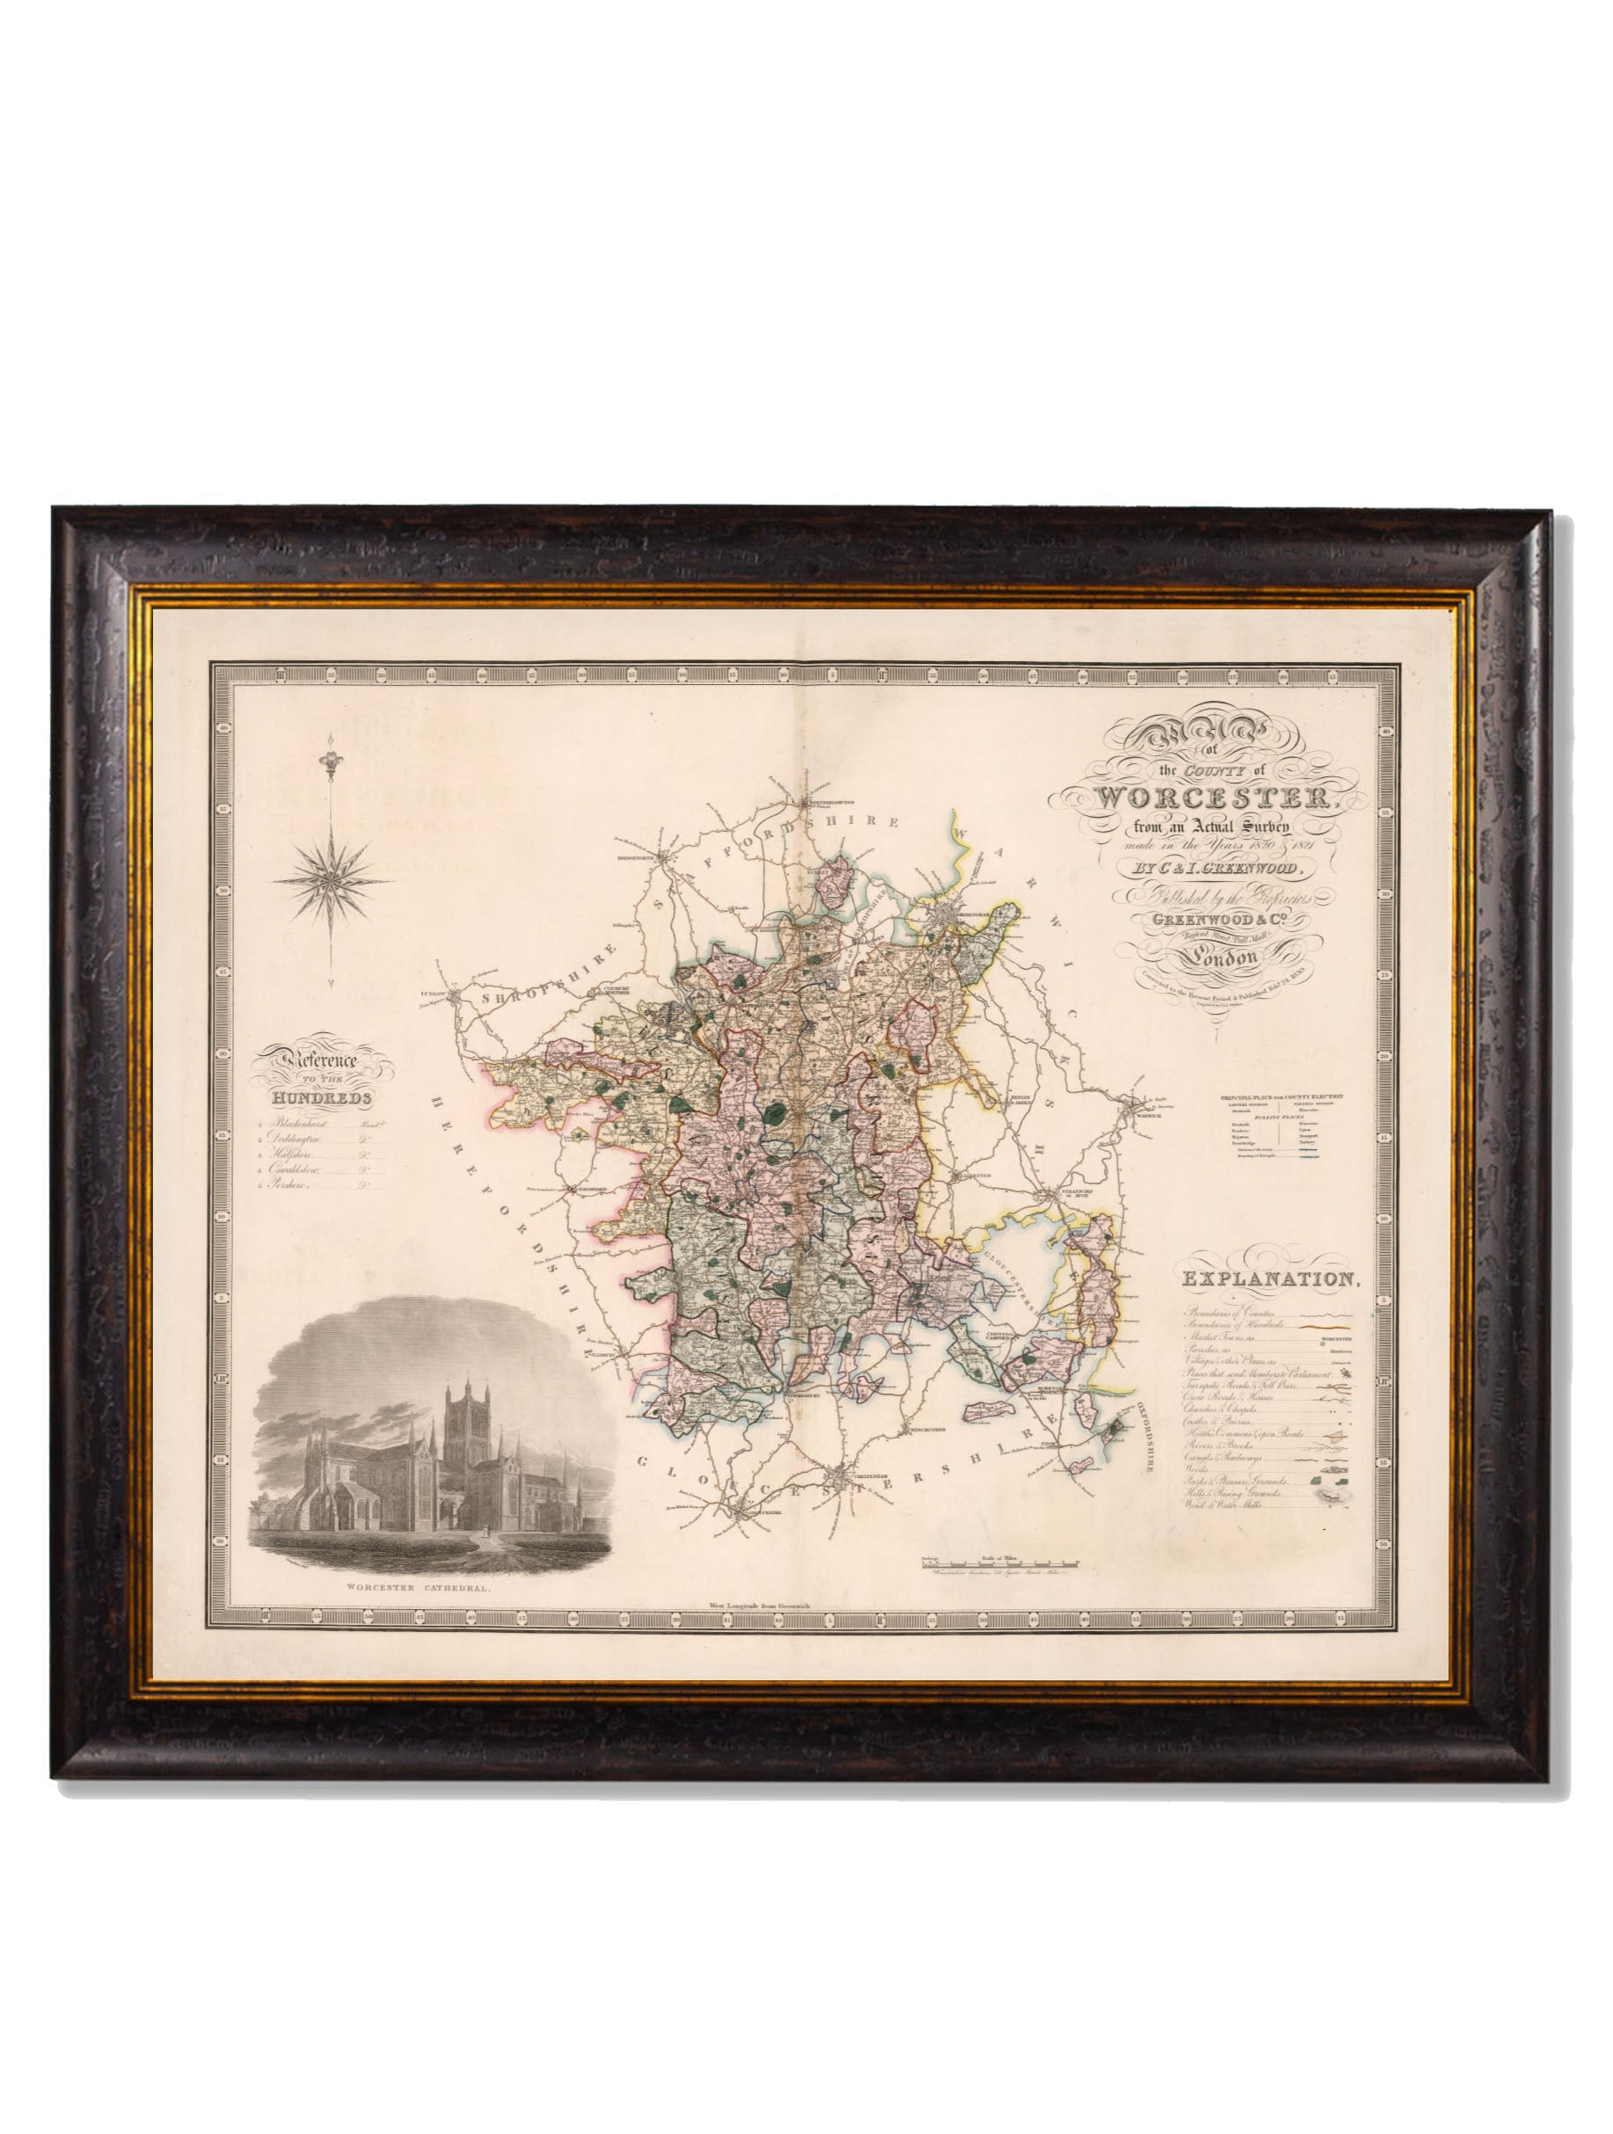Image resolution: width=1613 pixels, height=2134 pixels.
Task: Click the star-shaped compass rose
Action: [x=332, y=877]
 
